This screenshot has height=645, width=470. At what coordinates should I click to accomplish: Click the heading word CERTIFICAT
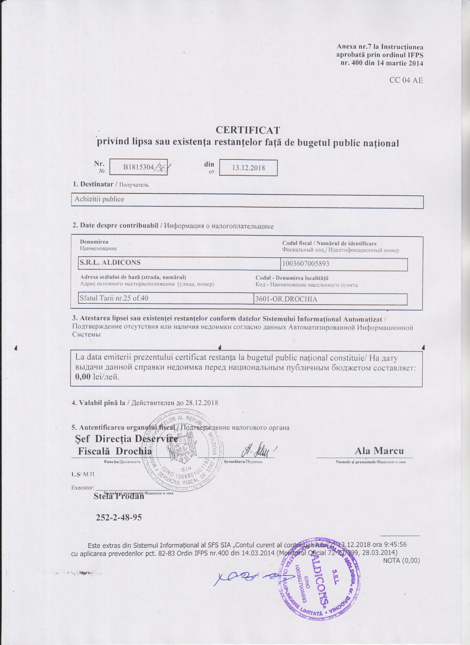click(248, 130)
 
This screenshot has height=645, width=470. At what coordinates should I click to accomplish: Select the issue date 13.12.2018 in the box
click(249, 167)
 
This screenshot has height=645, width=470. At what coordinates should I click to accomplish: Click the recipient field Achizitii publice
click(99, 199)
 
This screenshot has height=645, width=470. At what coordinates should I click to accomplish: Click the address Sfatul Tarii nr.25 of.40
click(114, 298)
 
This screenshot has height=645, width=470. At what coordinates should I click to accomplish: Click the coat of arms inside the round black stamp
click(182, 449)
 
